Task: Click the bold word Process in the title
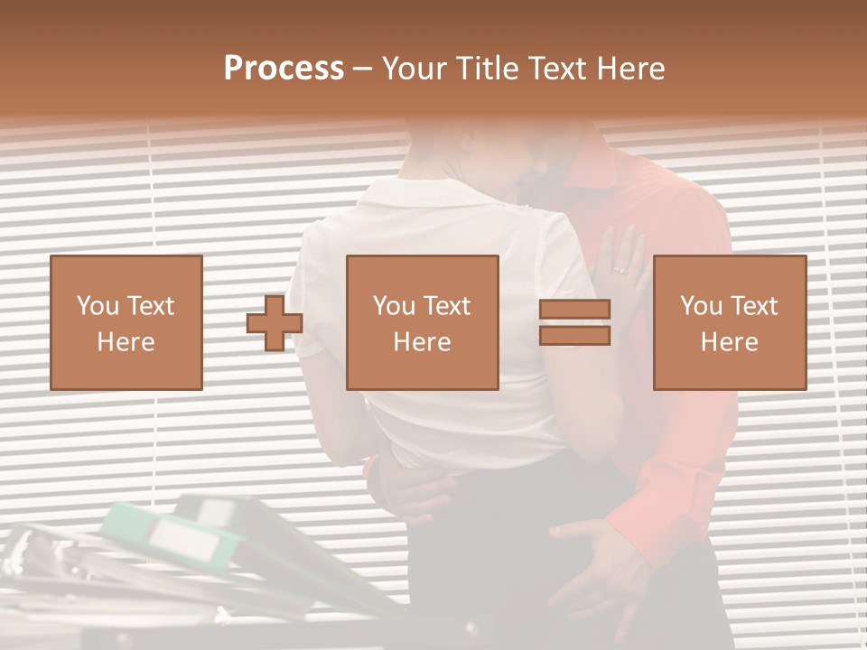tap(284, 69)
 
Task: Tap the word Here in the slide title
tap(629, 69)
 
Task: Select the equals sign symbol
tap(574, 322)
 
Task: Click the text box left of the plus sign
tap(126, 322)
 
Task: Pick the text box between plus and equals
tap(422, 322)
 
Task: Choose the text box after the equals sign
tap(729, 322)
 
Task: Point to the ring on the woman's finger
tap(620, 270)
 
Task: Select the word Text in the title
tap(557, 69)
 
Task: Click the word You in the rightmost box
tap(700, 307)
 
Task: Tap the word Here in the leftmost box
tap(126, 342)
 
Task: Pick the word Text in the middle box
tap(446, 307)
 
